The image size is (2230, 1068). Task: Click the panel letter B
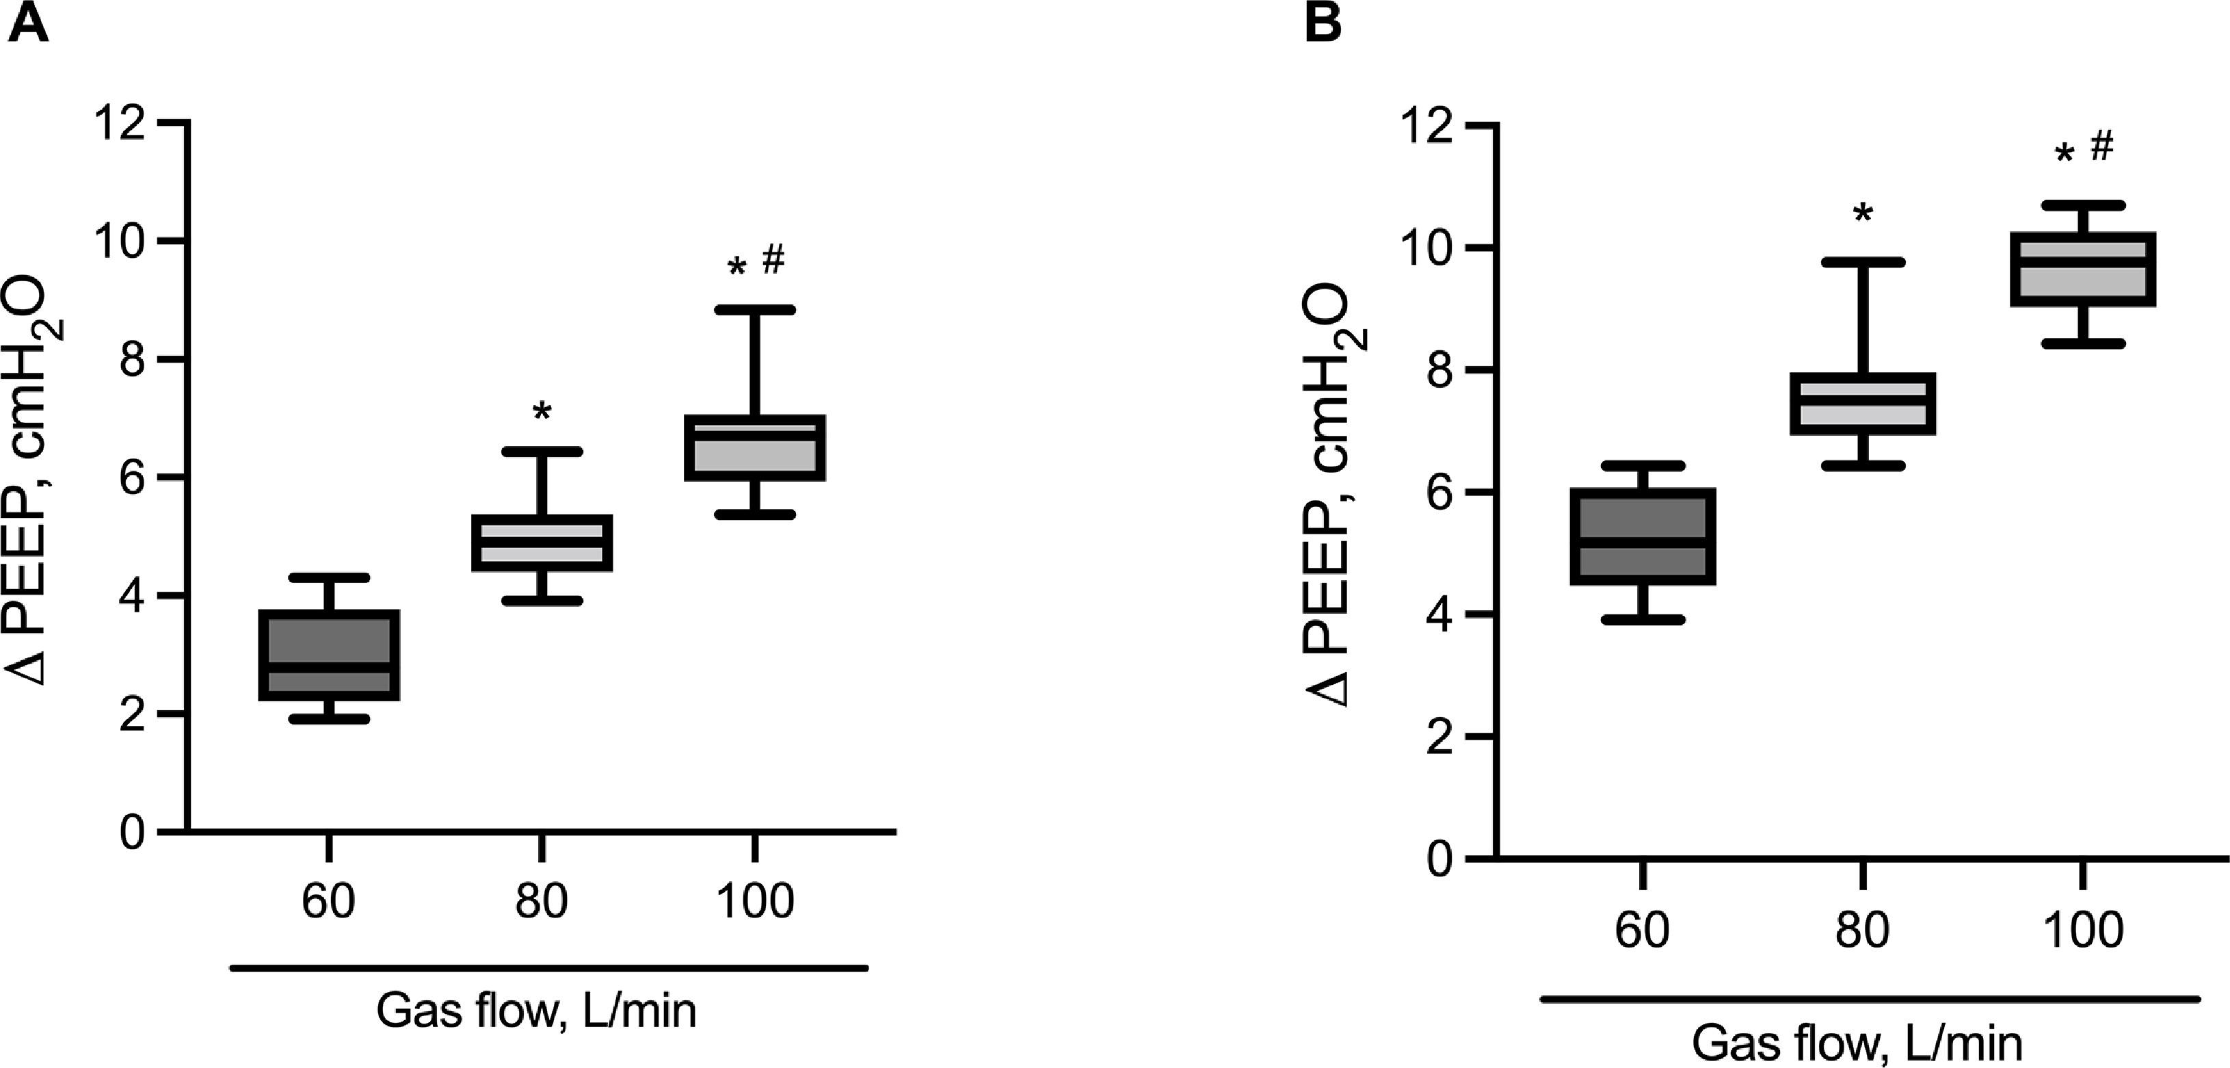tap(1323, 23)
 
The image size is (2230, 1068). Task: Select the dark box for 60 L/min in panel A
tap(329, 655)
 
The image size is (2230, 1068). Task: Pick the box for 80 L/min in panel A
tap(542, 543)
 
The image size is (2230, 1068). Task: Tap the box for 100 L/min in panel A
tap(755, 448)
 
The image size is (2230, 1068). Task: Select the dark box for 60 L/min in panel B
tap(1642, 537)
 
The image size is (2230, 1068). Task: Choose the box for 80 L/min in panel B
tap(1862, 404)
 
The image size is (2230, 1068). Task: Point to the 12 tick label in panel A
tap(120, 124)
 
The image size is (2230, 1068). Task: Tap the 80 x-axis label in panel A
tap(541, 901)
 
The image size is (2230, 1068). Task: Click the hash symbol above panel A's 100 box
tap(773, 259)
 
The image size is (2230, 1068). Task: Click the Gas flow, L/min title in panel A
tap(536, 1011)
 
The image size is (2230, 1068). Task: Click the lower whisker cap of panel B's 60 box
tap(1642, 619)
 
